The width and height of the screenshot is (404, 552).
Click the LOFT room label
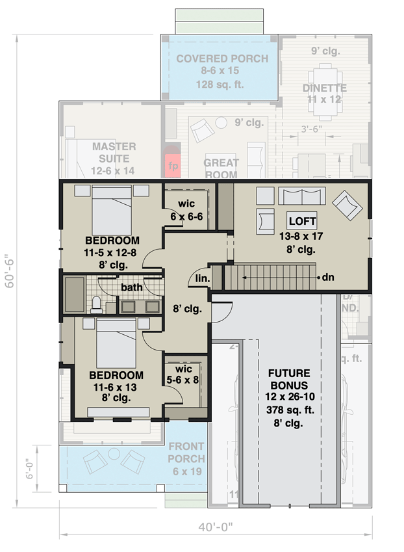click(x=303, y=222)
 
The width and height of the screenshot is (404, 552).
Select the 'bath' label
click(x=131, y=287)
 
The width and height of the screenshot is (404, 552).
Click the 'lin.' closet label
click(x=202, y=278)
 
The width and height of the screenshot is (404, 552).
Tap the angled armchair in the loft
click(x=347, y=206)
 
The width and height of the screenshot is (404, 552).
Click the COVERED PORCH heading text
click(x=221, y=59)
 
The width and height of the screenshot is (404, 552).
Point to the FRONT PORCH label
click(x=186, y=453)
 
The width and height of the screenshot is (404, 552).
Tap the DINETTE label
click(x=325, y=88)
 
